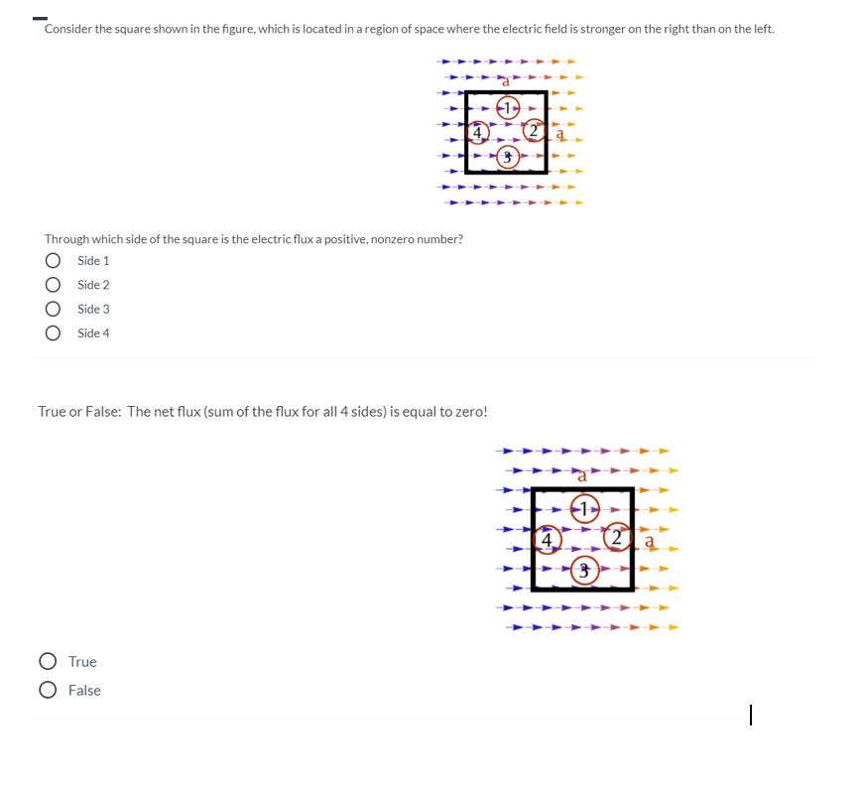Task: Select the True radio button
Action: click(48, 662)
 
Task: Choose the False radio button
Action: click(48, 691)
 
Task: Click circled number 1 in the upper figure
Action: click(508, 106)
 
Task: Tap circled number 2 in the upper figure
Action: click(534, 131)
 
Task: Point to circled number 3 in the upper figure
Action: click(508, 157)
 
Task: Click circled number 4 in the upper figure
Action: click(477, 131)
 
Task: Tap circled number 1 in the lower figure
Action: click(585, 509)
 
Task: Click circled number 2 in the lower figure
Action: click(619, 538)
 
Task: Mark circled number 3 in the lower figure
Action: click(585, 570)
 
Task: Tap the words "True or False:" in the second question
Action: click(79, 412)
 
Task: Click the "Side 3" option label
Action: click(93, 310)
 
